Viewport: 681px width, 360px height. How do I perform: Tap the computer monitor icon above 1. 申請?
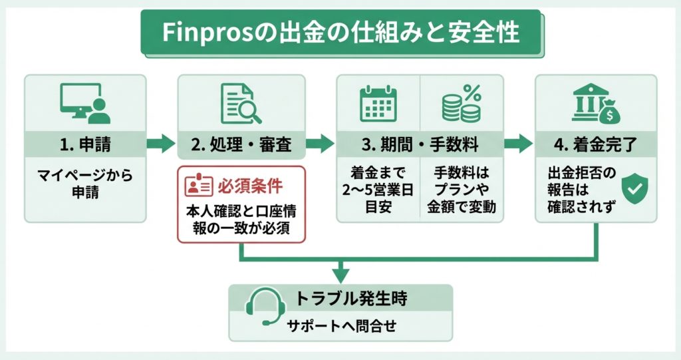[84, 104]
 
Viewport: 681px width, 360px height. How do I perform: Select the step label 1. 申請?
[85, 142]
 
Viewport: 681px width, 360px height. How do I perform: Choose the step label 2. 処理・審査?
[241, 142]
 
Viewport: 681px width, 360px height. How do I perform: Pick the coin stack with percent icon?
[462, 104]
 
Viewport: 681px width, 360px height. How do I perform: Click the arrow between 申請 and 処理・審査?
[161, 142]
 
